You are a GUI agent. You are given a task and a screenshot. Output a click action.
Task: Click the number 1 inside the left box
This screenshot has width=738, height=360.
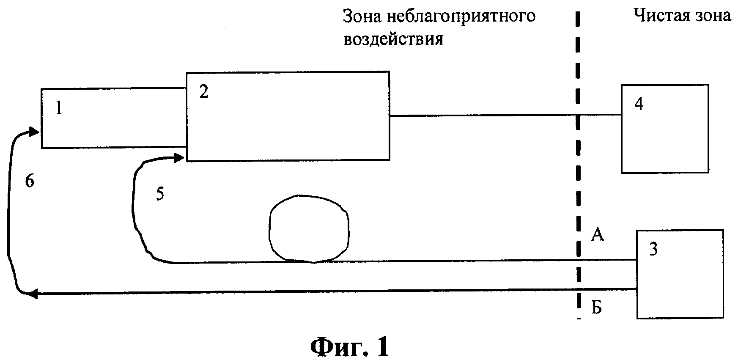coord(59,109)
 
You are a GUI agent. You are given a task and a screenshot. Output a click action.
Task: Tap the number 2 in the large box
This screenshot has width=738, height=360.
coord(204,92)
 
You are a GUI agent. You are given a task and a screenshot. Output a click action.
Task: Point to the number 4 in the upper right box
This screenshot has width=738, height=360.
coord(639,104)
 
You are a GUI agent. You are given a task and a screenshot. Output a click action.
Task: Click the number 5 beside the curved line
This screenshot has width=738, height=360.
coord(160,194)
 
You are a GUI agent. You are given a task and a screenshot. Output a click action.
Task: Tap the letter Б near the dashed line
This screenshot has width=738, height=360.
coord(596,309)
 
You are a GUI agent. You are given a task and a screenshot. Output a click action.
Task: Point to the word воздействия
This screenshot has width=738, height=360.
coord(393,39)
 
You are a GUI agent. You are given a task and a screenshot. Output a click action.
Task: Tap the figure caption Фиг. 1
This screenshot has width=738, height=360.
coord(349,346)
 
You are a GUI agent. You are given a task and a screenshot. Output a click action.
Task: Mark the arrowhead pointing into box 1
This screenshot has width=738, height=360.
coord(34,132)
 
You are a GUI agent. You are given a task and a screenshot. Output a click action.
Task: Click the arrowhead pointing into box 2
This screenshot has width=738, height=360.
coord(179,158)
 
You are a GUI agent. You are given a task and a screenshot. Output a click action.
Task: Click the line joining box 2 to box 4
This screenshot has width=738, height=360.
coord(482,115)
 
